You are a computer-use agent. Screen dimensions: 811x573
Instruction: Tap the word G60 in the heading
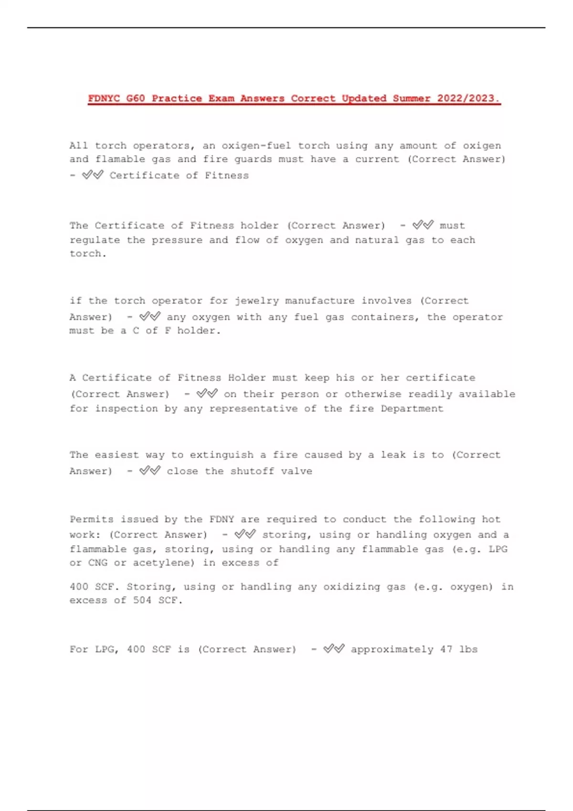click(136, 98)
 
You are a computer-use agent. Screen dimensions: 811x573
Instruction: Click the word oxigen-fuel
click(256, 146)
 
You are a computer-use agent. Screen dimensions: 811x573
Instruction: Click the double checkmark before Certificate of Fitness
click(93, 175)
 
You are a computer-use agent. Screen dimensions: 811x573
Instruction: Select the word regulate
click(95, 240)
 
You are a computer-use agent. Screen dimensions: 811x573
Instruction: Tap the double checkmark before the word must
click(423, 225)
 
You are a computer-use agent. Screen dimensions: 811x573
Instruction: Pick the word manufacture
click(320, 301)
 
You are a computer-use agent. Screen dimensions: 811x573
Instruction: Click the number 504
click(142, 601)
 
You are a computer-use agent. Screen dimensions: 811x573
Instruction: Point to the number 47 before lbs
click(446, 649)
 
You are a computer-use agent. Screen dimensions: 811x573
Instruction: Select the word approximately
click(392, 649)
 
